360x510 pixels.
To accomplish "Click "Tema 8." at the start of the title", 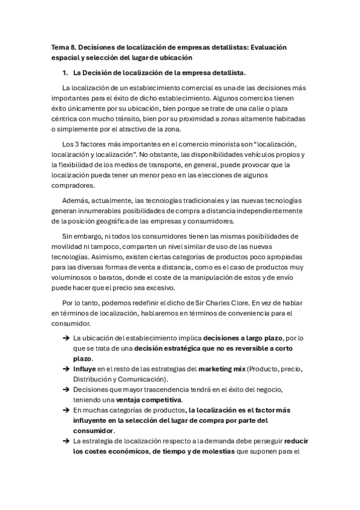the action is pyautogui.click(x=61, y=46).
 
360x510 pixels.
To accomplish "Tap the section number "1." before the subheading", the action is pyautogui.click(x=65, y=73).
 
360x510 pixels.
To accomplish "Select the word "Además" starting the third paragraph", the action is pyautogui.click(x=75, y=200).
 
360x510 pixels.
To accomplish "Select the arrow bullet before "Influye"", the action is pyautogui.click(x=65, y=369).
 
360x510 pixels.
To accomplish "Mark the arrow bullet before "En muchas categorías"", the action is pyautogui.click(x=65, y=411).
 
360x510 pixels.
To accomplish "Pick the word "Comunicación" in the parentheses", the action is pyautogui.click(x=145, y=379).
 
